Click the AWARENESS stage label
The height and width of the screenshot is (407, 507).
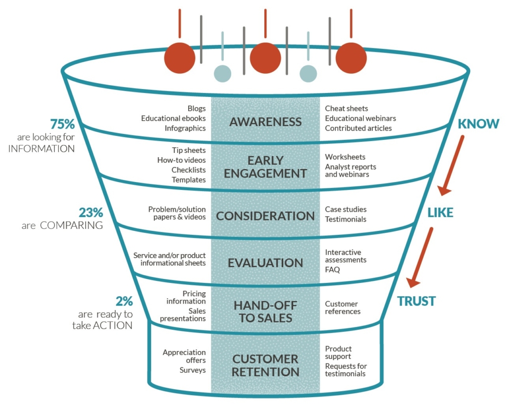click(265, 122)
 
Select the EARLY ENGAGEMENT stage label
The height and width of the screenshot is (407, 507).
click(265, 167)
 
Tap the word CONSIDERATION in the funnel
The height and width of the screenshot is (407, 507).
click(265, 216)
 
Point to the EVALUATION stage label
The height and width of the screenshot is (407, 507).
click(265, 263)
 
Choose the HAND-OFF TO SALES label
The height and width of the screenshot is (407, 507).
click(265, 312)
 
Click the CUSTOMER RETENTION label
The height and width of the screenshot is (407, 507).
click(265, 365)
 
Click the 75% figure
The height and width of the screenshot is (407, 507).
click(62, 124)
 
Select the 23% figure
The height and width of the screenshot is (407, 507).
click(91, 213)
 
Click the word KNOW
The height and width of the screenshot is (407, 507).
click(478, 124)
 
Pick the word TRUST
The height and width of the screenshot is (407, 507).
click(416, 301)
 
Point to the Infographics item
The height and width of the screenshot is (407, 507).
click(185, 128)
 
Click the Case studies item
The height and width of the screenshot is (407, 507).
click(346, 210)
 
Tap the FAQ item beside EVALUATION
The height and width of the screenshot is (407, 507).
click(332, 270)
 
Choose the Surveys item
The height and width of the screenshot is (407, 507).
click(193, 370)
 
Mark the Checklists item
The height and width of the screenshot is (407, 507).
click(189, 170)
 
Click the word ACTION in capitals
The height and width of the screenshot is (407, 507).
click(112, 325)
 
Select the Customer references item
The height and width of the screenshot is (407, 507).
click(342, 308)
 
